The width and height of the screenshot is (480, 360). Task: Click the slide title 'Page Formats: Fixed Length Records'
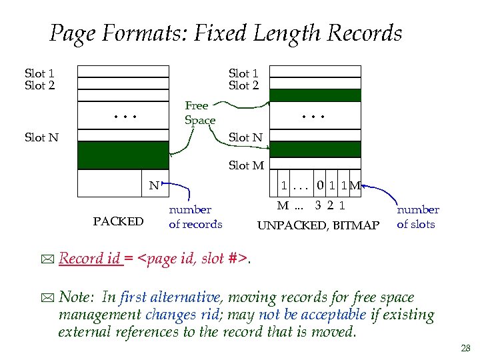226,33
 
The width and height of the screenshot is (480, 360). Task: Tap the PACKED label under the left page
118,221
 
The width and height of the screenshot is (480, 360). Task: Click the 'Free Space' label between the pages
199,113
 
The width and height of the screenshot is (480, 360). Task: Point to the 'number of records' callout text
195,217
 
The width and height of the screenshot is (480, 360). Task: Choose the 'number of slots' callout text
417,217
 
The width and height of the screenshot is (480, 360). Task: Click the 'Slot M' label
246,165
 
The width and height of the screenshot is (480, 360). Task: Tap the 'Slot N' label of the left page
41,137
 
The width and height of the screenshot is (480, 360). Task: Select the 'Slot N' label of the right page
245,137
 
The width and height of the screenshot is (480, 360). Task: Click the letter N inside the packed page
153,186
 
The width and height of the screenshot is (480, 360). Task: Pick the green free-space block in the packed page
123,155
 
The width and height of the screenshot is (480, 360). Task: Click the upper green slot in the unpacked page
316,95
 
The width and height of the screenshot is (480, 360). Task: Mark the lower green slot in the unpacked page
316,149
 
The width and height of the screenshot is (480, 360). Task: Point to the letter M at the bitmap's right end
355,186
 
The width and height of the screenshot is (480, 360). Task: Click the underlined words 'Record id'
90,259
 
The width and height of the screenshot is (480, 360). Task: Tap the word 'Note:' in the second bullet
78,297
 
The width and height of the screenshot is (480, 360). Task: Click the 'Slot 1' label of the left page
39,73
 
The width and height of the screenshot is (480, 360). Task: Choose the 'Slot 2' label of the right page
243,85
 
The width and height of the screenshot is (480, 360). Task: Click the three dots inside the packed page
125,116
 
